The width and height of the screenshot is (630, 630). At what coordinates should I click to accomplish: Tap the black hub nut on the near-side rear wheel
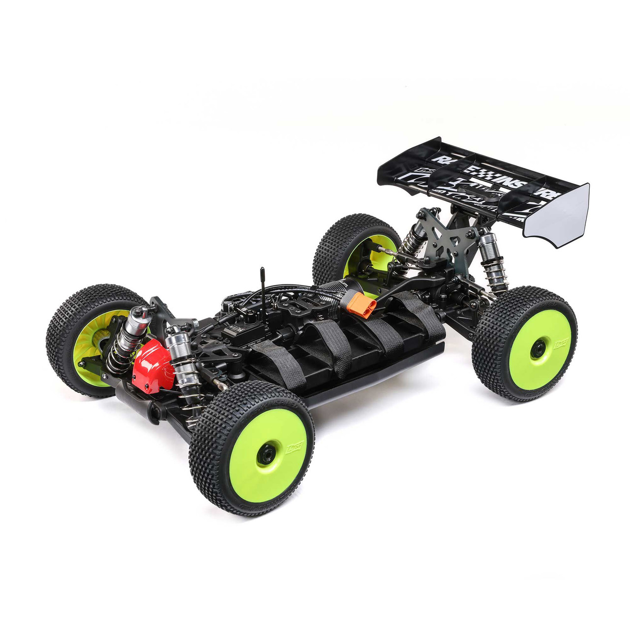coord(538,348)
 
